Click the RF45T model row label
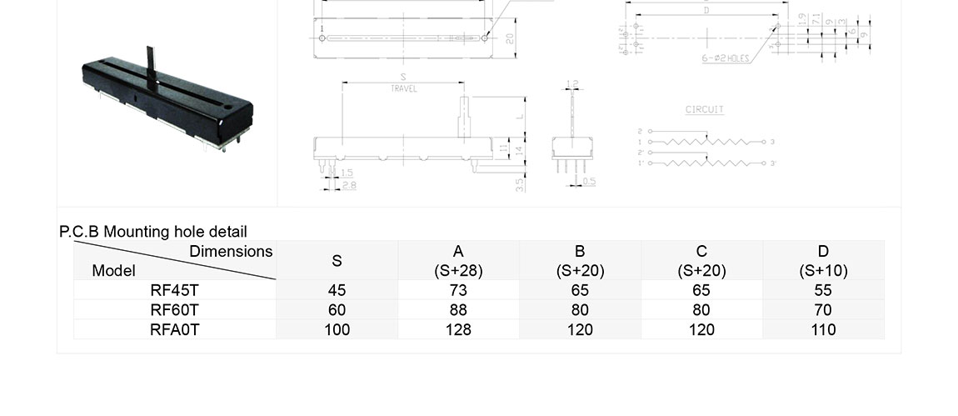coord(175,290)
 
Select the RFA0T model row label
coord(175,329)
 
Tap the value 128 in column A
coord(458,329)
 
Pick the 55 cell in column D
coord(823,290)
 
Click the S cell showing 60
coord(337,310)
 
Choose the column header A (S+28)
coord(458,260)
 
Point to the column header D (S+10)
coord(823,260)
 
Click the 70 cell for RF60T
coord(823,310)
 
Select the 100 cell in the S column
coord(337,329)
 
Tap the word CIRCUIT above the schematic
coord(705,110)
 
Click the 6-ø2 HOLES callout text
coord(725,59)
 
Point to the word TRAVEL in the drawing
coord(404,88)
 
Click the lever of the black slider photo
coord(151,65)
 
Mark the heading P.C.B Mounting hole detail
coord(153,232)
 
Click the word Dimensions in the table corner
coord(231,251)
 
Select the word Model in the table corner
coord(113,270)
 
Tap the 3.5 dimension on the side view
coord(520,184)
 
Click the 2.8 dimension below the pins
coord(348,185)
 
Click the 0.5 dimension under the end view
coord(590,181)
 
